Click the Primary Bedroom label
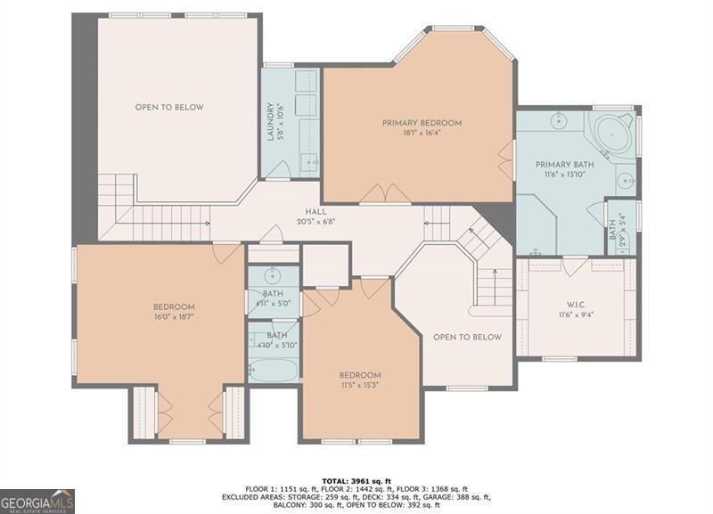click(422, 122)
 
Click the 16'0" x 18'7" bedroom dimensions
click(173, 316)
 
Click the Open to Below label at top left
click(169, 107)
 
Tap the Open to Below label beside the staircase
click(467, 337)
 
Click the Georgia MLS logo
click(37, 501)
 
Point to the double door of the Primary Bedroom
click(384, 193)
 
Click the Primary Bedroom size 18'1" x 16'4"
click(422, 134)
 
